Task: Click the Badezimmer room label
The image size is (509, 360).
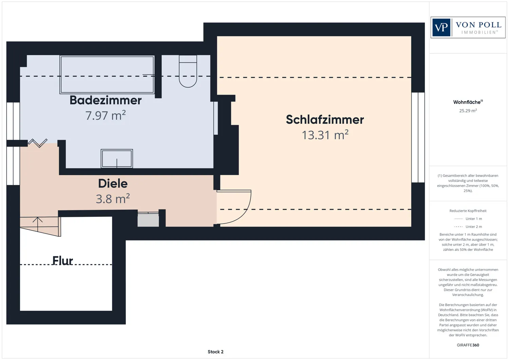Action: (x=106, y=100)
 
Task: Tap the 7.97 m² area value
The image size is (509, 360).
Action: (x=106, y=115)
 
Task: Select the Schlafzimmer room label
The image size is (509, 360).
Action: (x=325, y=120)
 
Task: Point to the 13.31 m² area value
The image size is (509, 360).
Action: (x=325, y=135)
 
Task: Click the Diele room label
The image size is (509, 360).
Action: (x=113, y=184)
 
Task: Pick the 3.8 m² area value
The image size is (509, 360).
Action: (x=113, y=198)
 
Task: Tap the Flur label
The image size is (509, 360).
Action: (x=62, y=261)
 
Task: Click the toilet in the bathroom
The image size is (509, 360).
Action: (x=188, y=71)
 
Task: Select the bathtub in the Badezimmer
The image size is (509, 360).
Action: (x=107, y=75)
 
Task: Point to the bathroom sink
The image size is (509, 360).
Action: (x=117, y=159)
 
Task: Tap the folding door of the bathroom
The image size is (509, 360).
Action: (x=38, y=143)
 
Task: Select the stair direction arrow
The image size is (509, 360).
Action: (x=37, y=224)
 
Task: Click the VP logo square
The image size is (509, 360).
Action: (x=441, y=27)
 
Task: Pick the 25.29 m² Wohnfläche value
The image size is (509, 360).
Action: (x=468, y=111)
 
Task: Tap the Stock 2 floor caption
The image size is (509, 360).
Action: (x=215, y=352)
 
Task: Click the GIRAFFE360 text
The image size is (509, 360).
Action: (x=468, y=345)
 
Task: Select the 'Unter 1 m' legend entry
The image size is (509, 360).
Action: (x=468, y=219)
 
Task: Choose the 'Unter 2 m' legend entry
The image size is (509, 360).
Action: (x=468, y=227)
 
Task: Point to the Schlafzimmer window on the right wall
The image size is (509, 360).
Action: (x=418, y=137)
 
